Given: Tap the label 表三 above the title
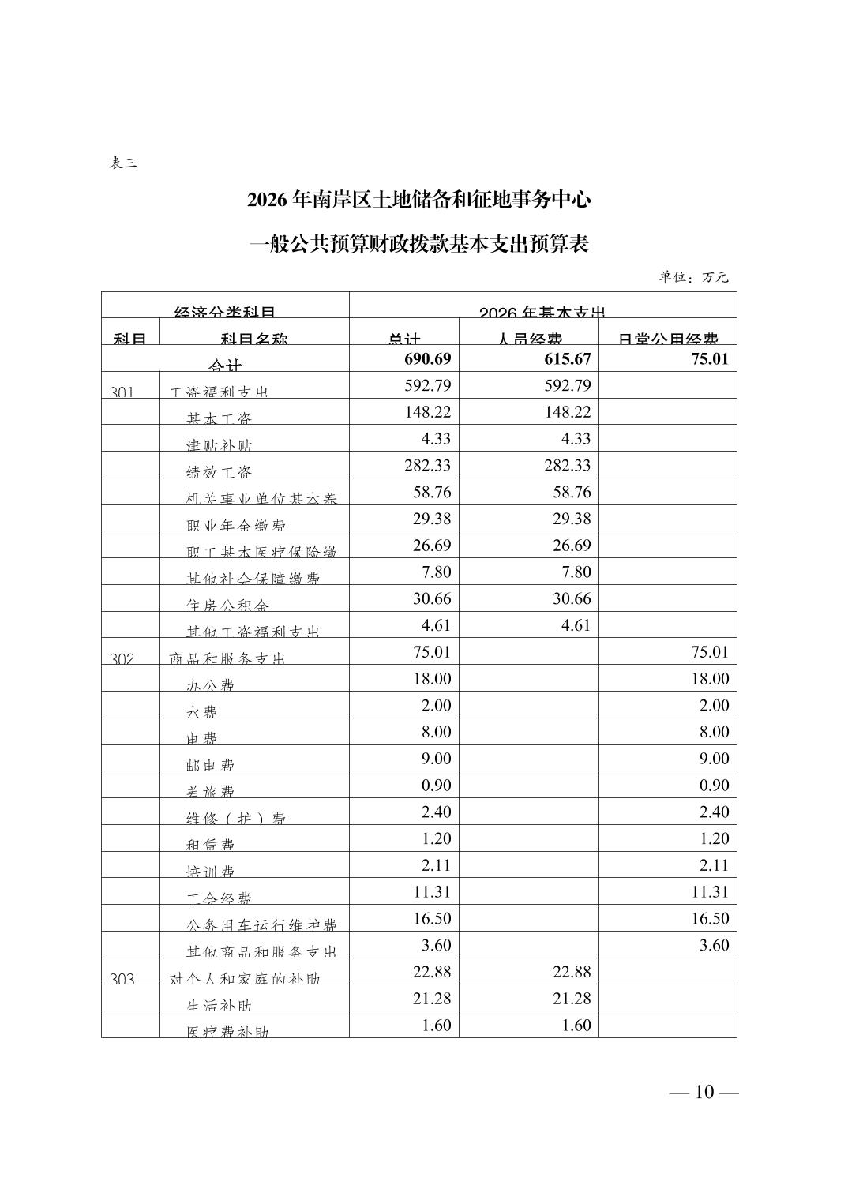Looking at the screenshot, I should [x=123, y=163].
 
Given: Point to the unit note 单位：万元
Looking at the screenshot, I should [x=693, y=277].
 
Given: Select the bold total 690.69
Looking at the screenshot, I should [x=427, y=359].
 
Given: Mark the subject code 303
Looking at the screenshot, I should [x=122, y=978].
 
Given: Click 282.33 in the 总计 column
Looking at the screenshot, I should [x=428, y=466].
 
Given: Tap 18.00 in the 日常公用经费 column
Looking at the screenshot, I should [x=711, y=679].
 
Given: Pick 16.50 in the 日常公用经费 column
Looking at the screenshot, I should [x=711, y=919].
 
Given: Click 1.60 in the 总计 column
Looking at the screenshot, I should [x=435, y=1026].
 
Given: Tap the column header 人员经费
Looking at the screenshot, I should [x=529, y=339].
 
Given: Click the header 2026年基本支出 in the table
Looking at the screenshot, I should [x=542, y=312].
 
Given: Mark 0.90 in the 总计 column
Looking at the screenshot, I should [x=435, y=786].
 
